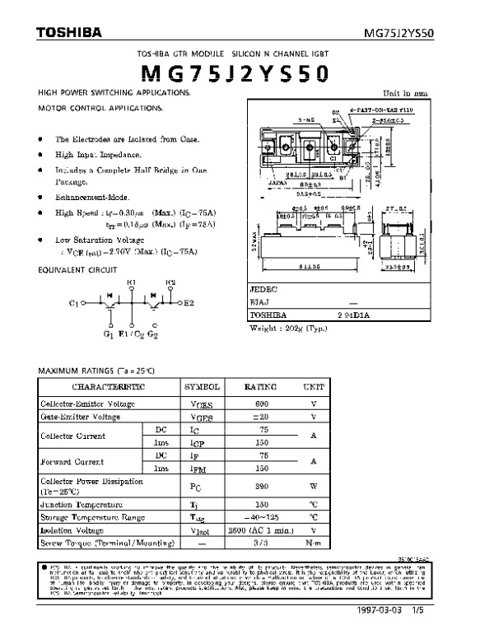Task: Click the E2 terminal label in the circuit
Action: point(188,304)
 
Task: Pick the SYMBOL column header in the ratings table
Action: point(201,386)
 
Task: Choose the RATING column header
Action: point(263,386)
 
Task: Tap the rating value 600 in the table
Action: point(263,404)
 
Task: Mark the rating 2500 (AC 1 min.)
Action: point(263,531)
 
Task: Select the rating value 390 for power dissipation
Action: point(263,485)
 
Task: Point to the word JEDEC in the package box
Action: point(264,290)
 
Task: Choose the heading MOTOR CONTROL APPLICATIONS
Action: point(101,109)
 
